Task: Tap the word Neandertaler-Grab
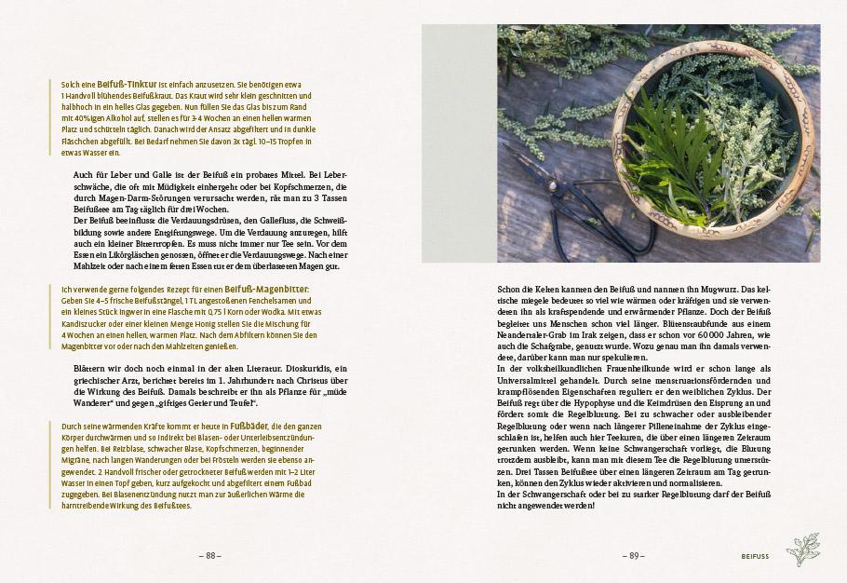(x=534, y=334)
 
